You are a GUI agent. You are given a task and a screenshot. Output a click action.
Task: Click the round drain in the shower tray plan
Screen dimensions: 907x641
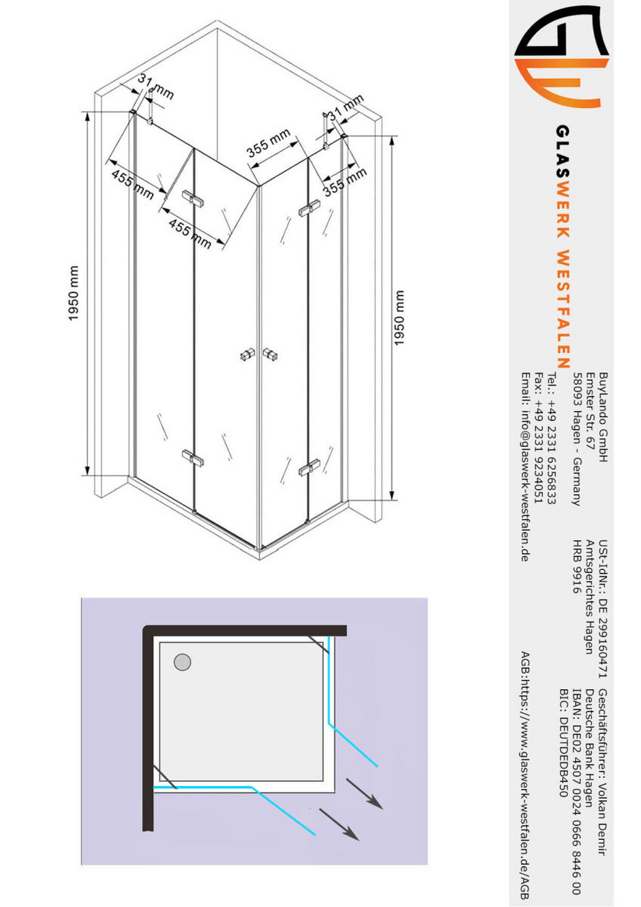click(182, 662)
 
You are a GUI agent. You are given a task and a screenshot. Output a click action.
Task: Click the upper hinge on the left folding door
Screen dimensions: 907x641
click(193, 198)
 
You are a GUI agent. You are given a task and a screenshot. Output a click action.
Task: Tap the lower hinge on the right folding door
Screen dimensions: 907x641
click(309, 467)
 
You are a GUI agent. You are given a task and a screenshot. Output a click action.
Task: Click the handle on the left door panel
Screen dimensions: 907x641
click(247, 354)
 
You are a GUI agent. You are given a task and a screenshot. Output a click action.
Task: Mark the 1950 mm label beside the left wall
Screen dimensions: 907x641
click(74, 293)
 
